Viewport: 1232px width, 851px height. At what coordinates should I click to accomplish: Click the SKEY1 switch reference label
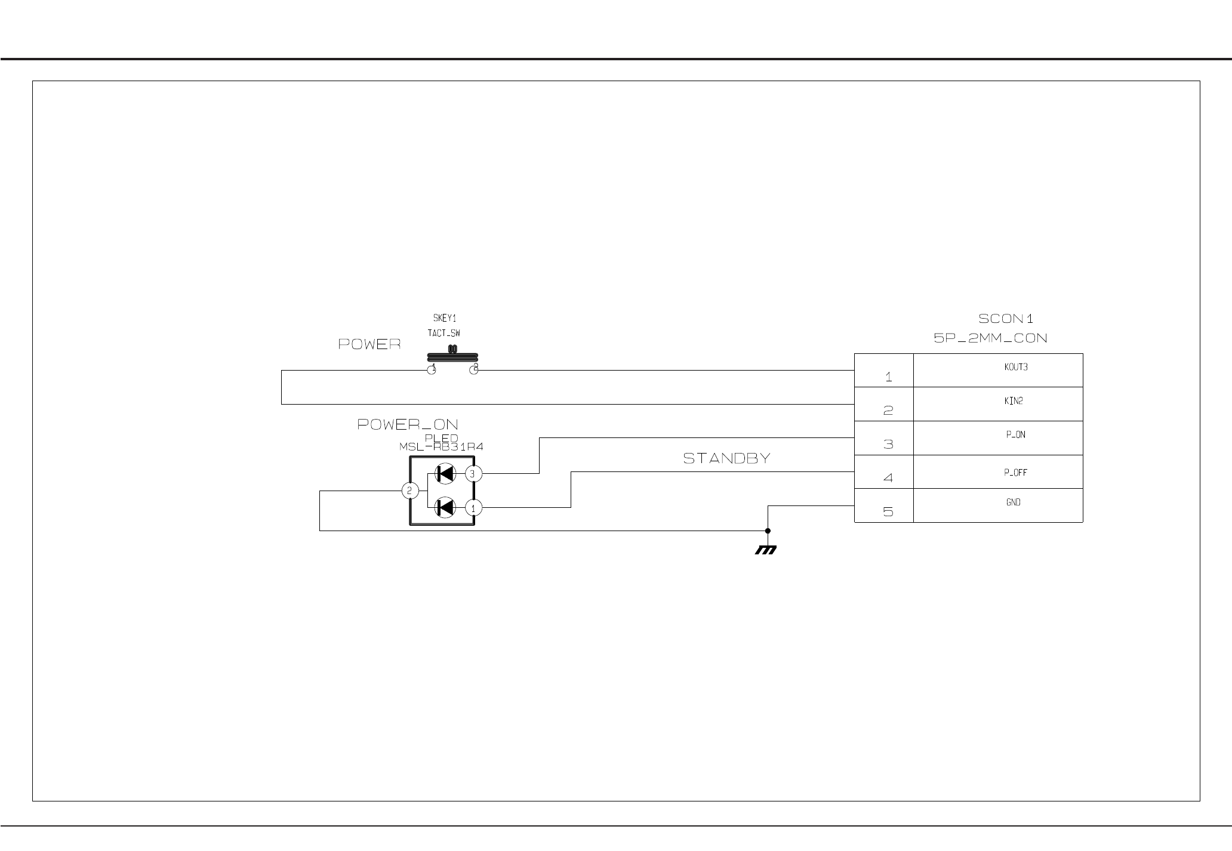(444, 319)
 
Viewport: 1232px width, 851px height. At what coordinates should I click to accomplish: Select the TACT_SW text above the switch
(443, 334)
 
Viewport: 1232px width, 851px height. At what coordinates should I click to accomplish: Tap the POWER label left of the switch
(369, 344)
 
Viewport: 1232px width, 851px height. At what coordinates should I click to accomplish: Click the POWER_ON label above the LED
(408, 424)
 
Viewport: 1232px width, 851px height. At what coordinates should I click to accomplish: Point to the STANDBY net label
(726, 458)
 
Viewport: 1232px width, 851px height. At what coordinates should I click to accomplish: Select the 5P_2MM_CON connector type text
(990, 338)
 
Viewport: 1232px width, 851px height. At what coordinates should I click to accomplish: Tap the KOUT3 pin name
(1015, 368)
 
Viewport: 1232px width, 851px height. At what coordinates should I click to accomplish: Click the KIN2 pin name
(1013, 401)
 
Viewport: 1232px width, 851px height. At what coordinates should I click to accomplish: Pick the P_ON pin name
(1015, 435)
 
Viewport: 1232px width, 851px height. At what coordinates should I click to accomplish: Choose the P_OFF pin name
(1015, 473)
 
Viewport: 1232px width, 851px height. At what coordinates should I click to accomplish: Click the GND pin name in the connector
(1013, 502)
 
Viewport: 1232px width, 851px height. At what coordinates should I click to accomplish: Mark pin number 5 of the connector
(888, 512)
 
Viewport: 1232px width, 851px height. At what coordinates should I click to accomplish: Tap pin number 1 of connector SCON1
(888, 377)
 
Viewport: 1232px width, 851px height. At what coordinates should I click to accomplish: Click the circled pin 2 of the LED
(409, 491)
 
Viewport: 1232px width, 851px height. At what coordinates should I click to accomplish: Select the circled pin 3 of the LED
(473, 474)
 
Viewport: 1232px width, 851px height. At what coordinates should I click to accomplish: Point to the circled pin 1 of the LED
(473, 508)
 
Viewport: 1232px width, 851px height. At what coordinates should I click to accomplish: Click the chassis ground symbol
(766, 550)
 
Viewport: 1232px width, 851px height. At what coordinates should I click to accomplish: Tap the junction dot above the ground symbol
(768, 531)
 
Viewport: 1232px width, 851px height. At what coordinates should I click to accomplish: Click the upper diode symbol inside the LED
(445, 474)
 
